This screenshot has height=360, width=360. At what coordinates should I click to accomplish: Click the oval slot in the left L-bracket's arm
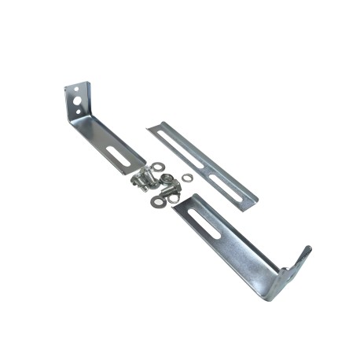[x=119, y=150]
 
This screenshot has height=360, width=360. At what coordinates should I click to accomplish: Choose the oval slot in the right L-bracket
[x=204, y=223]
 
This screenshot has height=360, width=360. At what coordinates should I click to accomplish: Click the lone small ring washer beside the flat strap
[x=187, y=178]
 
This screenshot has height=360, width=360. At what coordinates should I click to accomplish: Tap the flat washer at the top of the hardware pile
[x=158, y=167]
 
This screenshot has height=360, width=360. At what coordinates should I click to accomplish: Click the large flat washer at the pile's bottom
[x=157, y=202]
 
